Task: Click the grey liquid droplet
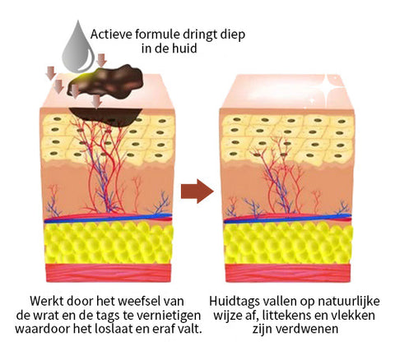point(78,49)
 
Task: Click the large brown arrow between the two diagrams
point(197,191)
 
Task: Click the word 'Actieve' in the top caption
point(111,35)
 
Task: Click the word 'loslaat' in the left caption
point(130,329)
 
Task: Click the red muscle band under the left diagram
point(109,273)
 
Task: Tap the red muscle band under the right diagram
point(288,273)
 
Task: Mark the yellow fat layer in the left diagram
point(109,243)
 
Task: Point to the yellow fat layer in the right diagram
point(288,243)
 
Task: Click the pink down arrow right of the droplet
point(102,60)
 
